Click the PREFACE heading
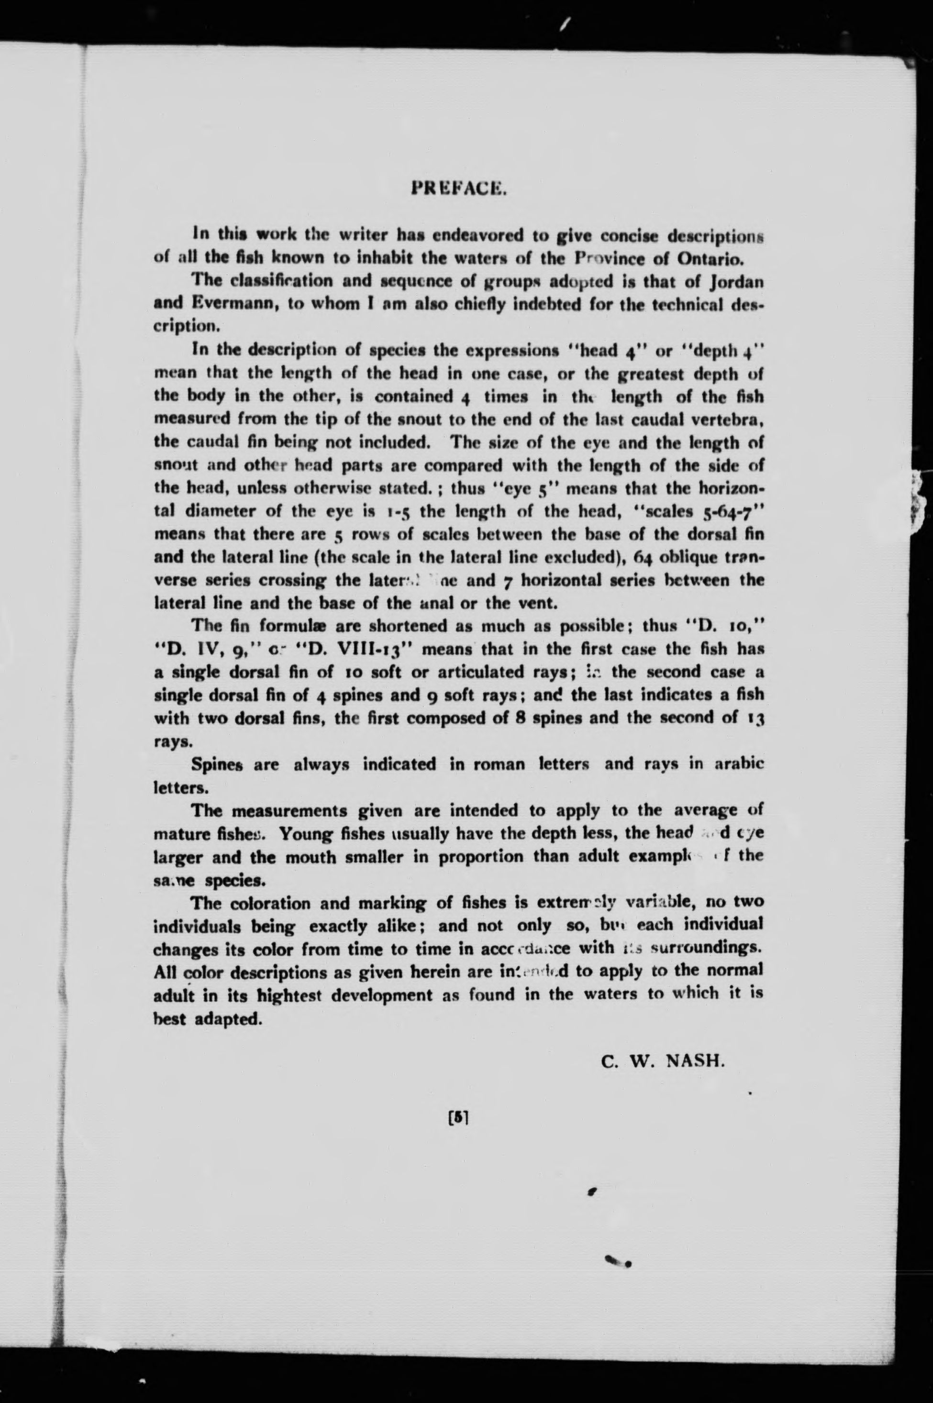pos(459,188)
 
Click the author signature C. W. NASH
pos(663,1061)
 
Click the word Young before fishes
pos(305,833)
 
